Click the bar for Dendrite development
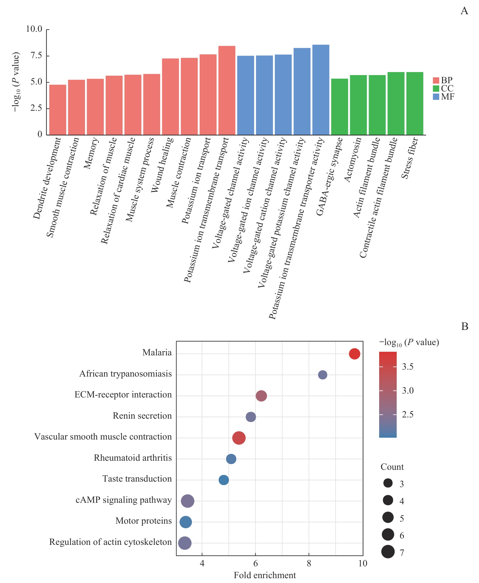(x=57, y=110)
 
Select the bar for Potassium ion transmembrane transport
(x=227, y=90)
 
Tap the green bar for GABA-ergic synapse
(x=340, y=107)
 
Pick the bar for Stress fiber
(x=415, y=103)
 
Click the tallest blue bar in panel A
(x=321, y=90)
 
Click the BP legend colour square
(x=436, y=80)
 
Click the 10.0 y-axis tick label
(x=34, y=29)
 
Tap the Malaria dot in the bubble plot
(x=354, y=354)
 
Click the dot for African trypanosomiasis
(x=323, y=375)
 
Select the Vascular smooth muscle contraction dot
(x=239, y=438)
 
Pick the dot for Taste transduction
(x=224, y=480)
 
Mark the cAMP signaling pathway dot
(x=187, y=501)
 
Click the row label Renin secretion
(x=142, y=416)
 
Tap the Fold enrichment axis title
(x=265, y=575)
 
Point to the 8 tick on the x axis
(x=309, y=563)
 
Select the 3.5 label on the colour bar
(x=408, y=367)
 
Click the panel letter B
(x=464, y=326)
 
